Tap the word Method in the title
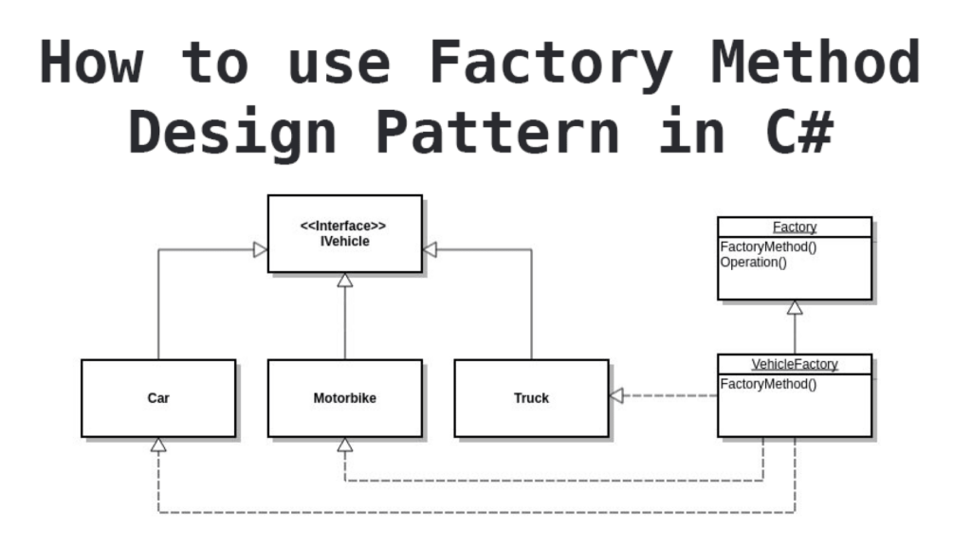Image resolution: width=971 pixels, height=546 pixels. click(x=816, y=63)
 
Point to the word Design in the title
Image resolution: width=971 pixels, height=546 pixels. click(x=233, y=133)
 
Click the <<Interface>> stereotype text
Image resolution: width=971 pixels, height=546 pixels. click(x=344, y=227)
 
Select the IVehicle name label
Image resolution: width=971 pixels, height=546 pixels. click(x=344, y=242)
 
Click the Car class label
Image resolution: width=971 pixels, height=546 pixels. click(x=158, y=398)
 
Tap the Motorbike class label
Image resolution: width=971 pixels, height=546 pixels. click(x=344, y=398)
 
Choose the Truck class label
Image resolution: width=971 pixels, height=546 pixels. click(x=531, y=398)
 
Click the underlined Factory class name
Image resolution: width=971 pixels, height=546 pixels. click(x=795, y=227)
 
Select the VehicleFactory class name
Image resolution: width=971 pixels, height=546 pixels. click(x=795, y=364)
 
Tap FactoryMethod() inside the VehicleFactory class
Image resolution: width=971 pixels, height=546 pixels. click(x=768, y=384)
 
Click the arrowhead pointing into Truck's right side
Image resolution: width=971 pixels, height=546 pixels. click(x=616, y=395)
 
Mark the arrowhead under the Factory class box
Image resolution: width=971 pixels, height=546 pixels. click(x=795, y=307)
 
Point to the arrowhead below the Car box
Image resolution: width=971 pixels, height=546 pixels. click(x=158, y=445)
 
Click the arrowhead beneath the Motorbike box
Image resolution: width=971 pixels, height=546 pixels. click(x=345, y=445)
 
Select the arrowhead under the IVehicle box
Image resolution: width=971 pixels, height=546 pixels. click(x=345, y=280)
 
